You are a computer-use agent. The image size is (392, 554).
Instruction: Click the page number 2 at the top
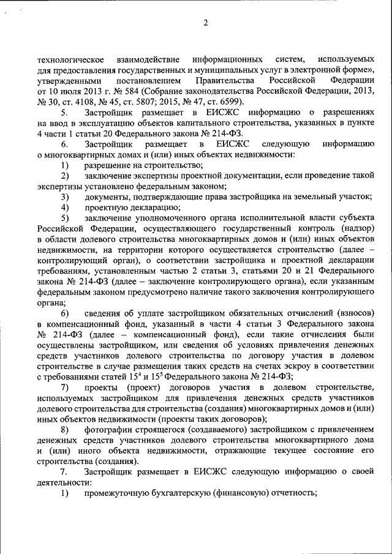(x=206, y=23)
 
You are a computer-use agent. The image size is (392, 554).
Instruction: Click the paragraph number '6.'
(x=64, y=144)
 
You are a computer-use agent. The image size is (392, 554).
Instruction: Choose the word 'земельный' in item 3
(x=331, y=197)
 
